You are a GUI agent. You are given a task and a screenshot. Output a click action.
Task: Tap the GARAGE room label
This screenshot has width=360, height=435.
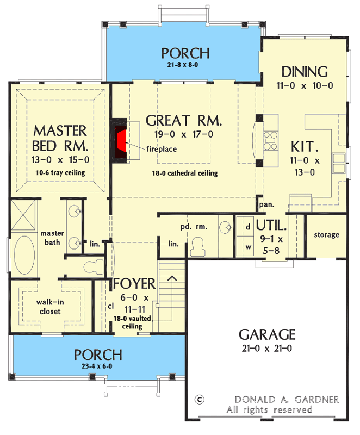(266, 334)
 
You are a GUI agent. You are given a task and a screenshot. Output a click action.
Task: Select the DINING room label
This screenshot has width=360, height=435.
(304, 72)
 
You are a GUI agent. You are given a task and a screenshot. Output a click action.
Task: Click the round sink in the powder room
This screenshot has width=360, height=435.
(225, 226)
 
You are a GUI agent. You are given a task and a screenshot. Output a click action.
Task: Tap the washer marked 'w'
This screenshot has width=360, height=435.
(247, 245)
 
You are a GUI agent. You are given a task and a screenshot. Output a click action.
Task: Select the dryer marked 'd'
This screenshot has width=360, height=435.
(247, 225)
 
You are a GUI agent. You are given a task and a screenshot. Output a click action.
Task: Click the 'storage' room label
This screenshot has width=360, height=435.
(326, 235)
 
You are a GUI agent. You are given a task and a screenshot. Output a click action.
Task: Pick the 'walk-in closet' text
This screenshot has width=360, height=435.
(48, 307)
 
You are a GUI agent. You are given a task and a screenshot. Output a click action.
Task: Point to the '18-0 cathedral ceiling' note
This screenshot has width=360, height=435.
(185, 173)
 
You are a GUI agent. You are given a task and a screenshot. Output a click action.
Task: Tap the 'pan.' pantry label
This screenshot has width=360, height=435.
(266, 206)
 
